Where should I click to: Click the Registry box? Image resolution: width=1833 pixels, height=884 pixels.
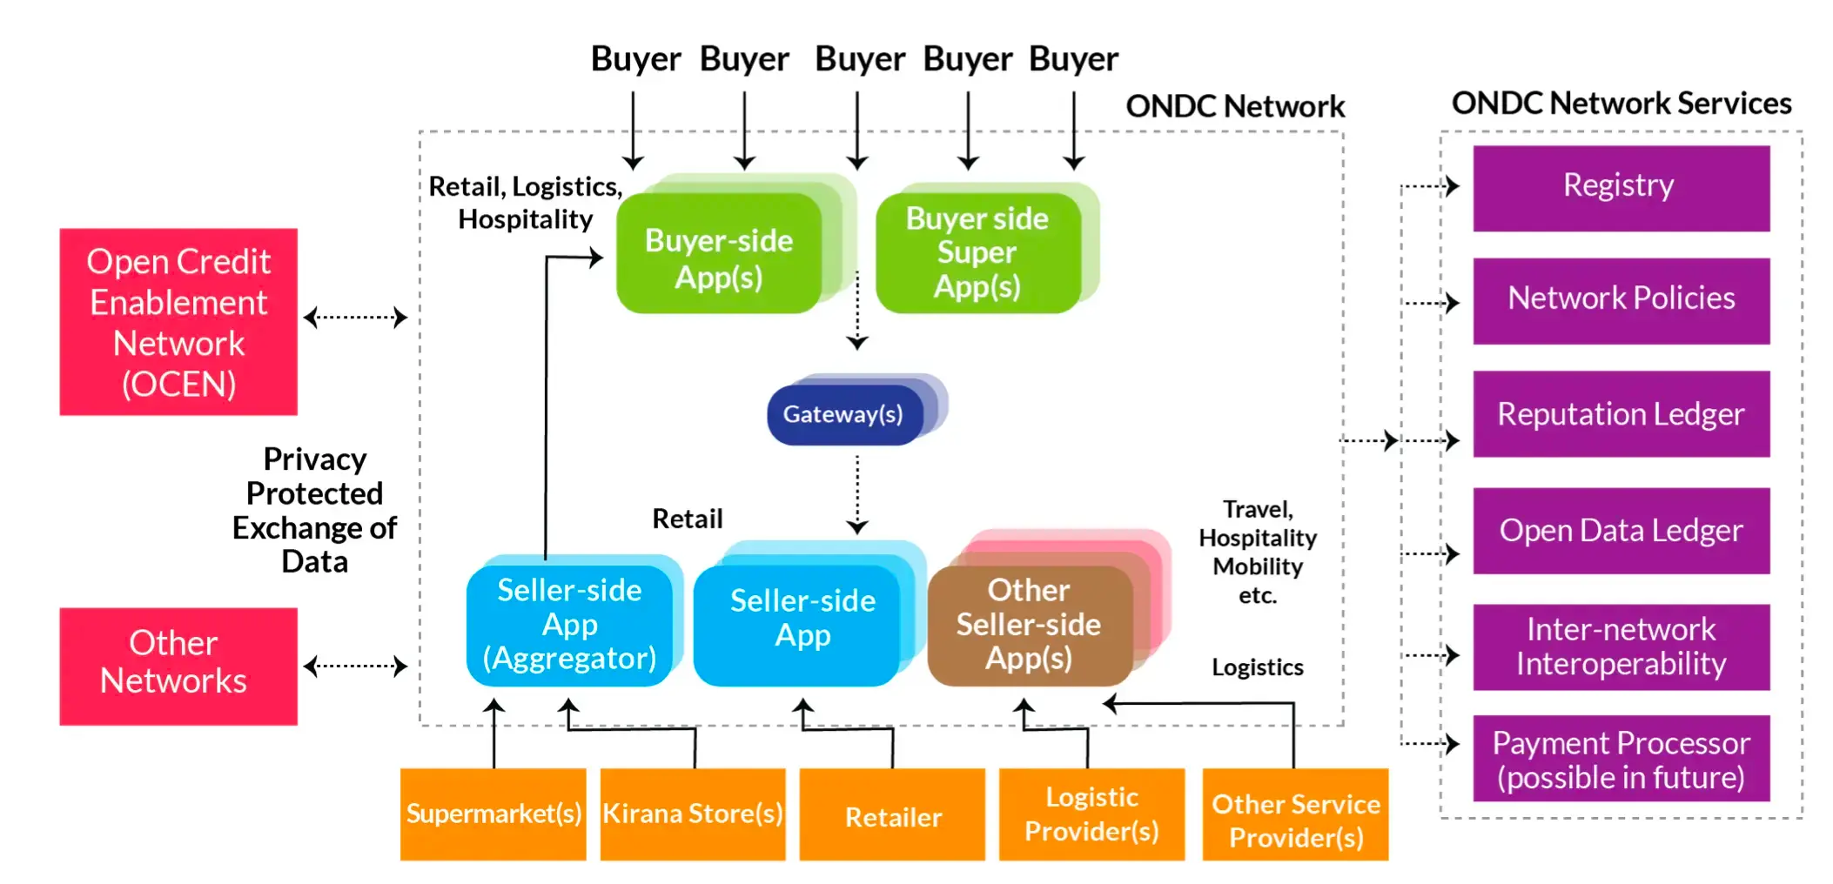click(1620, 187)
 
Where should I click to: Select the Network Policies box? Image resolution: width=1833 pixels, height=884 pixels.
click(1620, 300)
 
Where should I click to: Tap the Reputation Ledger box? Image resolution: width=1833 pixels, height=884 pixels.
click(1620, 414)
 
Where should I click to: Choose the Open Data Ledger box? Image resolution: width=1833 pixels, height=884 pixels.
click(1620, 530)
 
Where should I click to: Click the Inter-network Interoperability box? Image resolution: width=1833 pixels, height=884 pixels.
click(1620, 646)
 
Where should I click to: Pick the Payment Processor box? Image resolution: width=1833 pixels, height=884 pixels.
click(1620, 759)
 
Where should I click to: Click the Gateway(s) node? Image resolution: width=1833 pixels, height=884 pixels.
click(843, 415)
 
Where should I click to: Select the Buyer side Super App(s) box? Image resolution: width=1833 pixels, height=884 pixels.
click(977, 252)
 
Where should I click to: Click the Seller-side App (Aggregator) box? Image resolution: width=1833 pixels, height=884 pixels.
click(569, 624)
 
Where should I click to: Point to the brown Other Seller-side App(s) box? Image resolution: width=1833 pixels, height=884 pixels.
click(1029, 625)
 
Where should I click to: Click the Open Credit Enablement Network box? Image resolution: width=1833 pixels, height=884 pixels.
click(178, 322)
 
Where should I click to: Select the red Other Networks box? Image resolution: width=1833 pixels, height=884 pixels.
click(178, 666)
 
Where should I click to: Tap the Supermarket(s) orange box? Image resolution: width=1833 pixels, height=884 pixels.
click(493, 814)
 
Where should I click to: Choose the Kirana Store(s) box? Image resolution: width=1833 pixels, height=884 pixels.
click(693, 814)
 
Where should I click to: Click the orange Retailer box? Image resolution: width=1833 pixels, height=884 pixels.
click(892, 816)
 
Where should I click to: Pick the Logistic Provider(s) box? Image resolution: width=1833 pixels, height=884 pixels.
click(1091, 814)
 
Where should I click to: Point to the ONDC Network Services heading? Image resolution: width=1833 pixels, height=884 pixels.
click(1621, 104)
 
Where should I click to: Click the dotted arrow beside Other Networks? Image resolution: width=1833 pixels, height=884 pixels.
click(355, 666)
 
